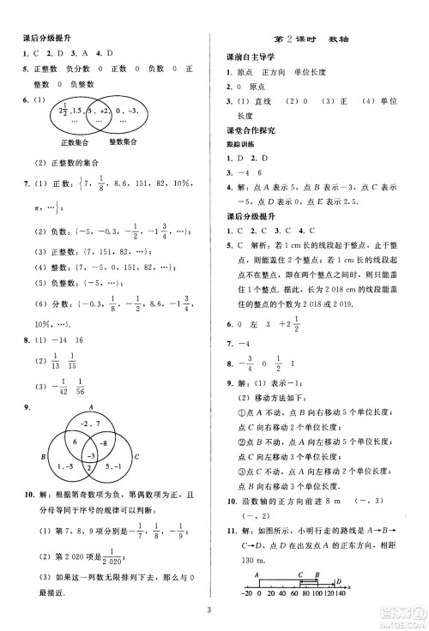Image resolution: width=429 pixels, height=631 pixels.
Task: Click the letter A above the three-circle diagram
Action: (90, 409)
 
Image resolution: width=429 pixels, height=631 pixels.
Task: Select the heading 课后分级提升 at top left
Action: (48, 39)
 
